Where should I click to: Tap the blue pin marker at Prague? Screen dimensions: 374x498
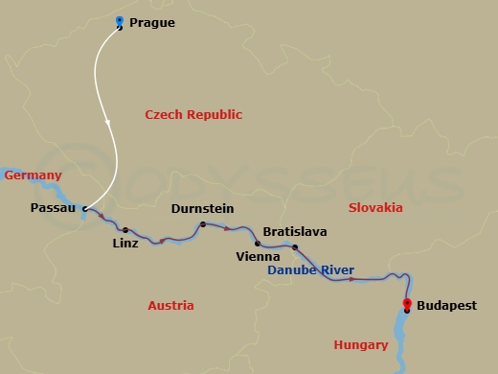tap(119, 22)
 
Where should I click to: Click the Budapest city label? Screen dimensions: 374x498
tap(444, 307)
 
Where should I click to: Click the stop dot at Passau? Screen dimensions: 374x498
tap(85, 208)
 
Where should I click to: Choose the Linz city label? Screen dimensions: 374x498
tap(124, 244)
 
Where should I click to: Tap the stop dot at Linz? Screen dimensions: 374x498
tap(124, 229)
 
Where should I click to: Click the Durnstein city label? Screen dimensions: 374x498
tap(202, 208)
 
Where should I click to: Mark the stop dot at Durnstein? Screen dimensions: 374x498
tap(202, 224)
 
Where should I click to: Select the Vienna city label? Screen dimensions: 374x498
tap(258, 257)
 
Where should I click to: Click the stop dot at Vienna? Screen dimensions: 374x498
tap(258, 244)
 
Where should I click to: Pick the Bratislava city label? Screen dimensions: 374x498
tap(295, 232)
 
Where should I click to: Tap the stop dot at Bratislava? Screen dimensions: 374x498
tap(295, 247)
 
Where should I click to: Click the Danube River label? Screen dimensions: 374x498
tap(310, 271)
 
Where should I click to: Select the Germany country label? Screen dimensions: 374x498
tap(33, 175)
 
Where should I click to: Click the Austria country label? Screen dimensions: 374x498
tap(170, 306)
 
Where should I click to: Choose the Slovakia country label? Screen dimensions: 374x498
tap(375, 208)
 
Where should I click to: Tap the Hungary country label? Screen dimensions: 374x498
tap(360, 345)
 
